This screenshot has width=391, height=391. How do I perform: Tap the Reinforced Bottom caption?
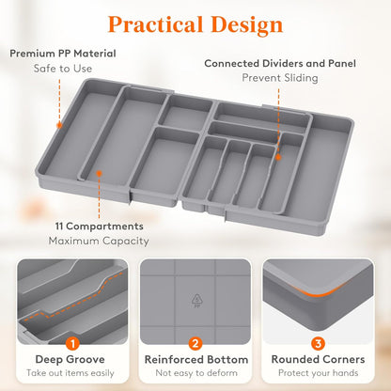click(x=195, y=360)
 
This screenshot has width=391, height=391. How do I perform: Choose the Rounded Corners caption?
click(x=318, y=360)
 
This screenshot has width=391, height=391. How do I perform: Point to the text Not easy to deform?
click(x=195, y=374)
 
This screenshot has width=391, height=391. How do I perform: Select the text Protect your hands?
click(x=318, y=374)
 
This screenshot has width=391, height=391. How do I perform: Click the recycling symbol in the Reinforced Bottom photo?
click(x=196, y=299)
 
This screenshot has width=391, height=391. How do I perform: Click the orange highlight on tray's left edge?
click(x=59, y=123)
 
